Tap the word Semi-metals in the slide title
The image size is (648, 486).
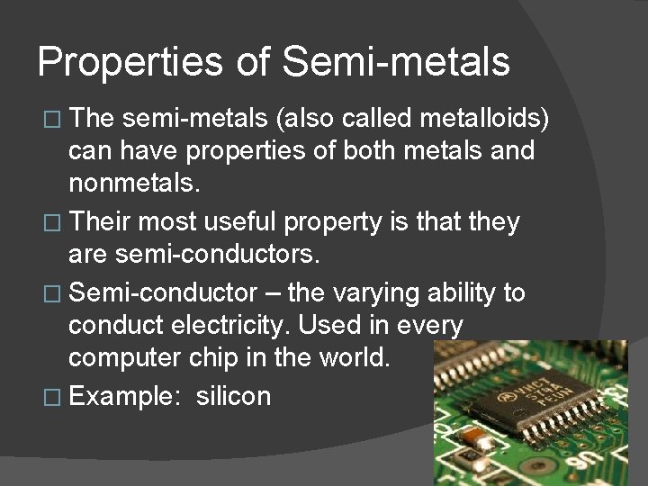396,62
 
